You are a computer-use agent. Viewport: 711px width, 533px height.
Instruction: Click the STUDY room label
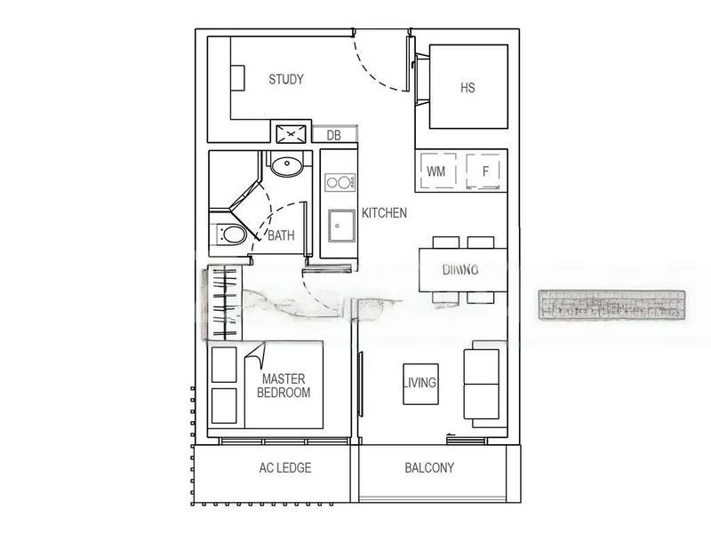point(286,80)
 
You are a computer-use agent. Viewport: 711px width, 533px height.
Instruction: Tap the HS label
point(467,88)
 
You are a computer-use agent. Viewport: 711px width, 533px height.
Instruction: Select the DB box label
point(333,135)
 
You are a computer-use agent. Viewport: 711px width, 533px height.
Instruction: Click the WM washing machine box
point(436,171)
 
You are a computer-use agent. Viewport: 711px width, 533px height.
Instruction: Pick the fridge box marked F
point(485,171)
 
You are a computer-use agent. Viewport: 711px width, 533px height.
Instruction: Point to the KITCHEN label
point(384,213)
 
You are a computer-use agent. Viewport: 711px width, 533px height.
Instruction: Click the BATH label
point(281,236)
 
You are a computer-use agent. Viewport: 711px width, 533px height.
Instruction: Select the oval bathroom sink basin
point(286,164)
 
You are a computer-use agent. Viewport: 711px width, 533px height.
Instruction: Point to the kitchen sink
point(338,226)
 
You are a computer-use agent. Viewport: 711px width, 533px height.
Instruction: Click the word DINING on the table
point(460,270)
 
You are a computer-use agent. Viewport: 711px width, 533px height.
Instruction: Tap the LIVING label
point(419,384)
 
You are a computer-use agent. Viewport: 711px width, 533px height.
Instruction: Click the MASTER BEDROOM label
point(284,386)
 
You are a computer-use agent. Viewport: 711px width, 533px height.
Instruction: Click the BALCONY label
point(429,468)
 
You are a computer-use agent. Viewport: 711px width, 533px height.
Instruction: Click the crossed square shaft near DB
point(291,134)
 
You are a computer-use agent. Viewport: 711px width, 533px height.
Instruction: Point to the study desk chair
point(238,77)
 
